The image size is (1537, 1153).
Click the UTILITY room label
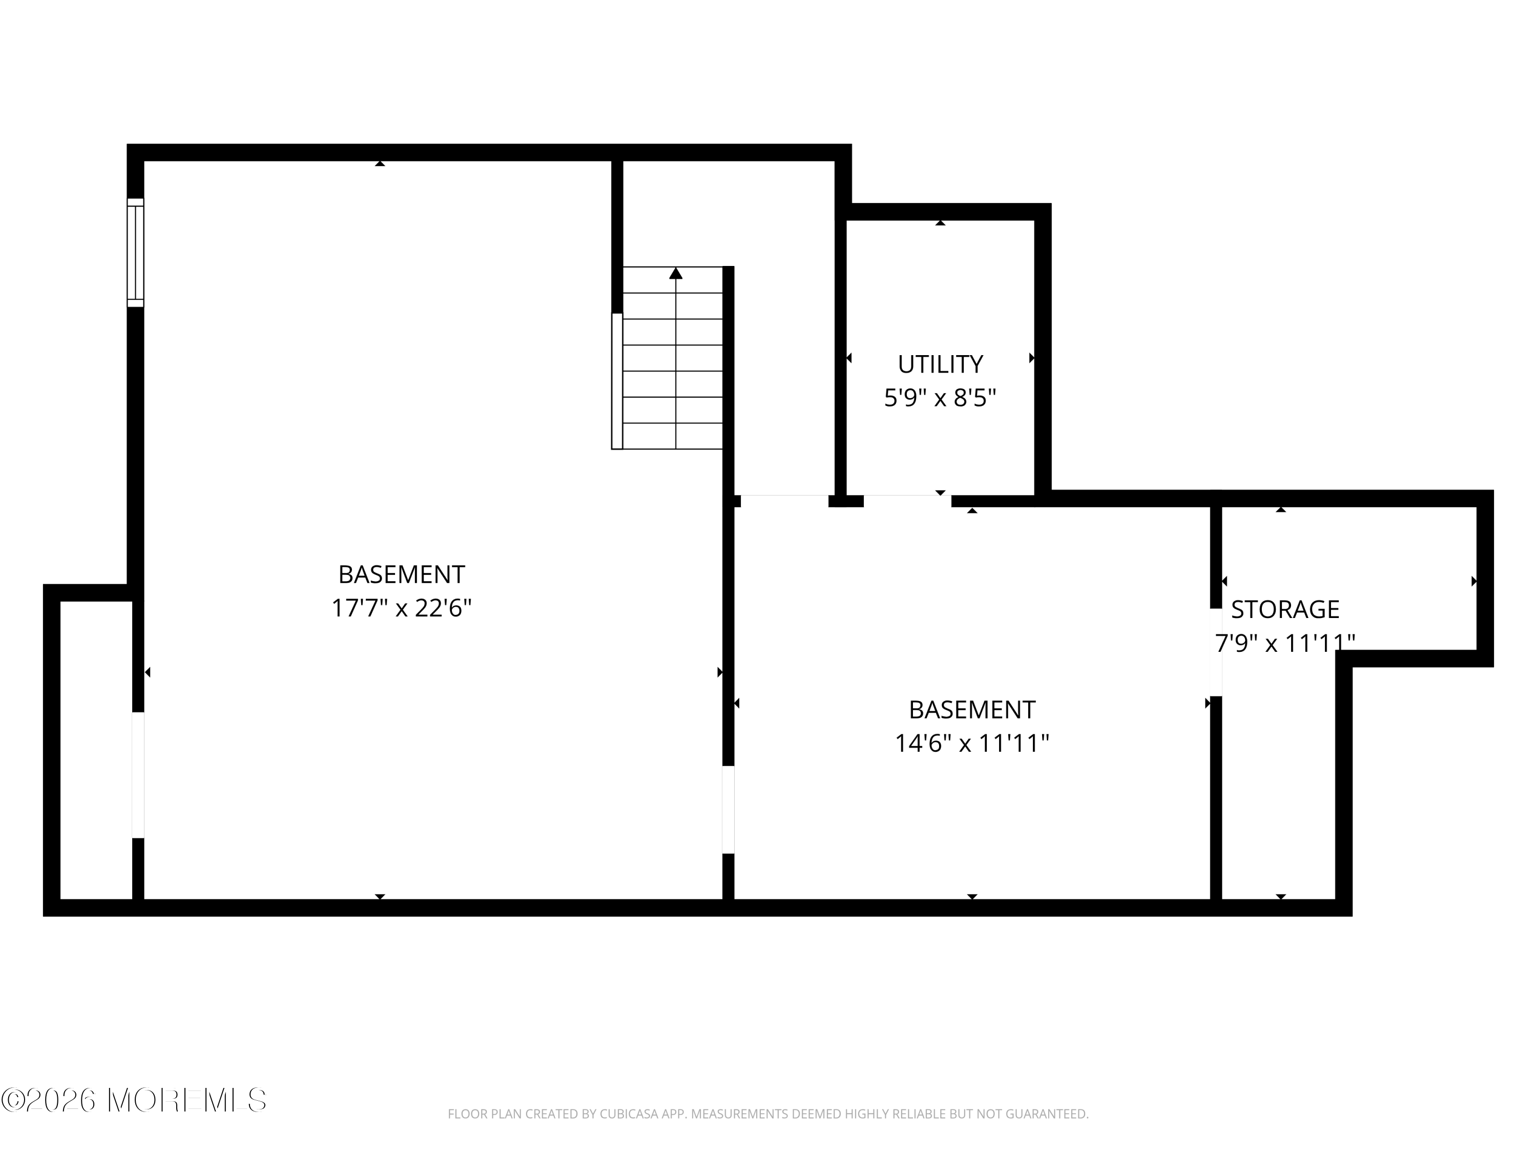940,364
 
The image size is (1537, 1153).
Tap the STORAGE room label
1285,609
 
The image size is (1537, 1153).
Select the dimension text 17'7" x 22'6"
401,609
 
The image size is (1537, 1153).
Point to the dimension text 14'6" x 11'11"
971,744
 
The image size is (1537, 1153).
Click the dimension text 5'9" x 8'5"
940,398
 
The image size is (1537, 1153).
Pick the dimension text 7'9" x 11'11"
1285,644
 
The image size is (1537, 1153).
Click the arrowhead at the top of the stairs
675,273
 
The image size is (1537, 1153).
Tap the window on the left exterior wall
135,252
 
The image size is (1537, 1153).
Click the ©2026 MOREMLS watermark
133,1100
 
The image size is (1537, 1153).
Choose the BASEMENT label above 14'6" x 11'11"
971,710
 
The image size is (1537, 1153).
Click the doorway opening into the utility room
907,500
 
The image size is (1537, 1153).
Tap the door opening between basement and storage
1215,652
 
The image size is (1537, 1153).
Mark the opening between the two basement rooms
728,809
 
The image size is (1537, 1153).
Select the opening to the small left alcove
138,775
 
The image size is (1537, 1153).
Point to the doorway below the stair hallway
784,500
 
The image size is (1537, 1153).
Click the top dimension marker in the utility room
940,223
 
